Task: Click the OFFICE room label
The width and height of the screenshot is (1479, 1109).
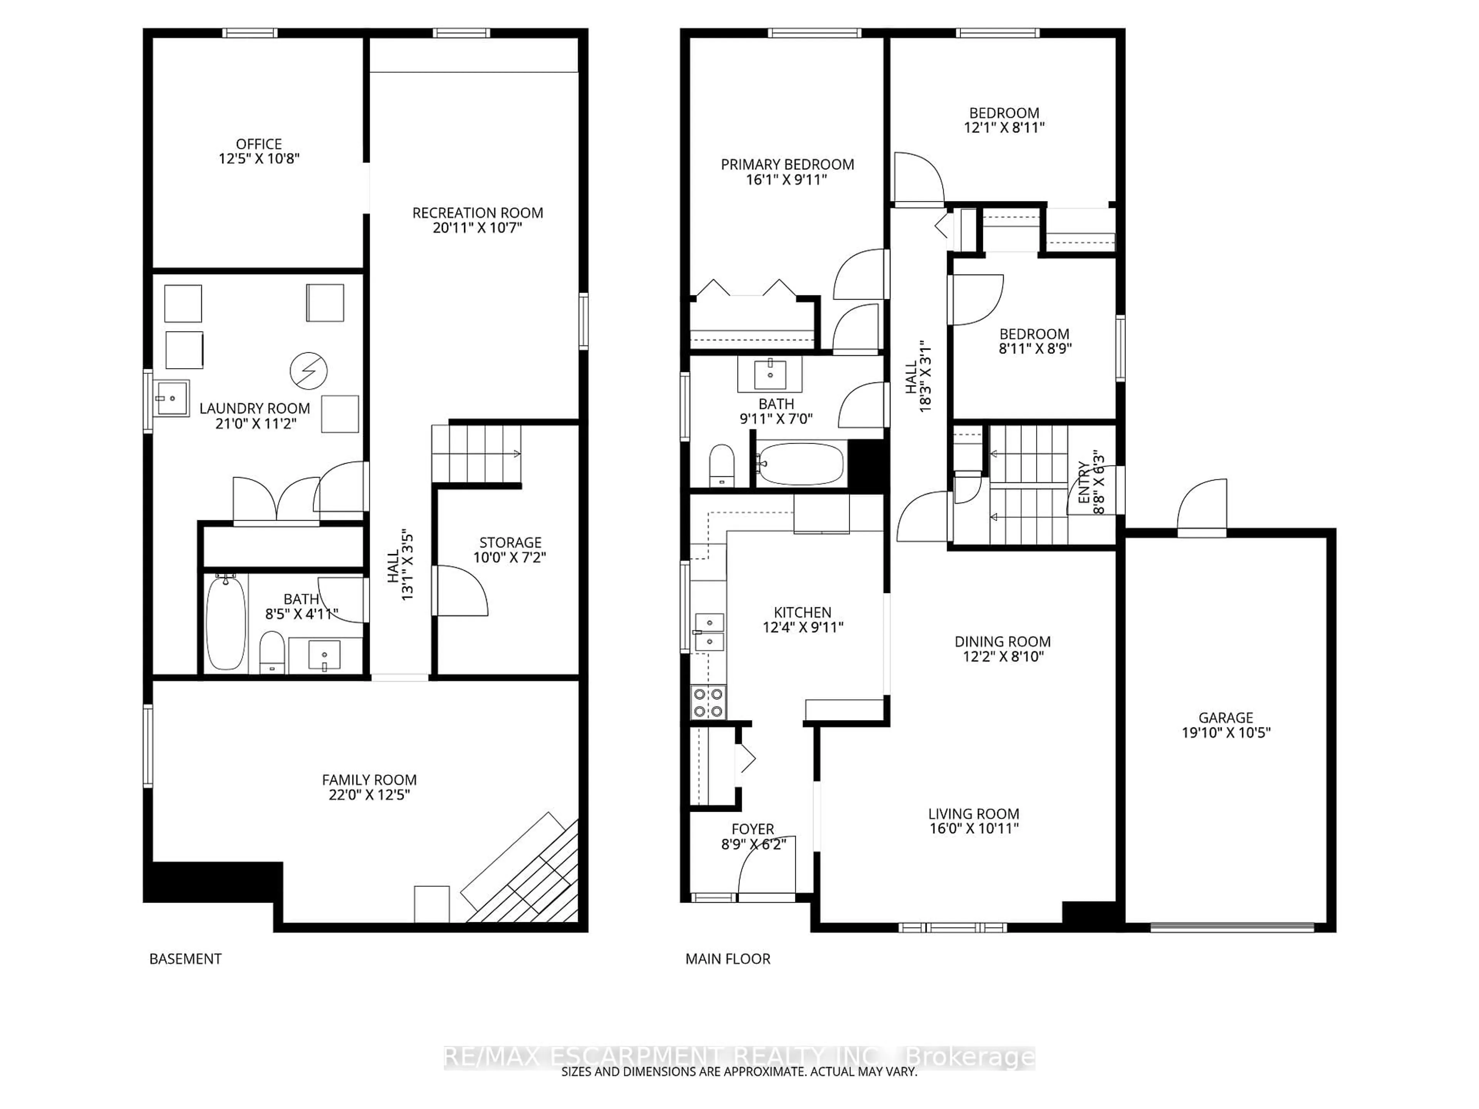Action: point(259,144)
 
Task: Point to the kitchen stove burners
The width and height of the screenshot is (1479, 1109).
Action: point(708,702)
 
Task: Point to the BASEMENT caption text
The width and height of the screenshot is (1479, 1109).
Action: point(185,958)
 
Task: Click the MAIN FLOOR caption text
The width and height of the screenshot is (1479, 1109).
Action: point(728,958)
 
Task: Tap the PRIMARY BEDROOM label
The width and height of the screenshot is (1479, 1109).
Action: point(787,164)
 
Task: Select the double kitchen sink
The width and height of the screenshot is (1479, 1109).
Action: point(709,632)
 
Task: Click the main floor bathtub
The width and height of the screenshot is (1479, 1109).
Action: point(800,464)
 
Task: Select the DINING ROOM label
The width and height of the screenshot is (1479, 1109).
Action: point(1002,642)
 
